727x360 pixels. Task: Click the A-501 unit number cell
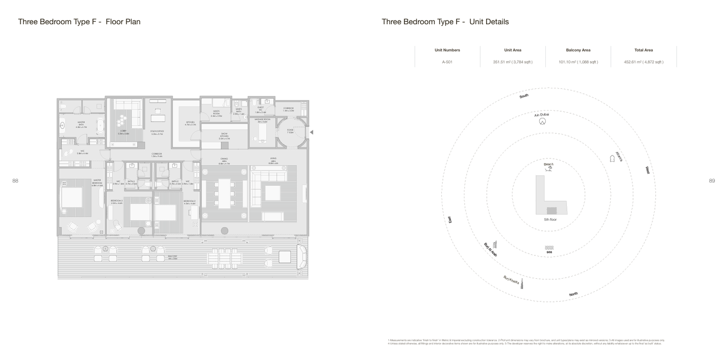[x=447, y=62]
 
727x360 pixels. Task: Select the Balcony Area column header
[x=578, y=50]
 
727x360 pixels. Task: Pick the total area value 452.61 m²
[x=644, y=62]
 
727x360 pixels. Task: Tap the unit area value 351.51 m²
[x=512, y=62]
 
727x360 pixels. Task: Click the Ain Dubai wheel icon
[x=542, y=122]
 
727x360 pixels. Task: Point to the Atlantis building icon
[x=613, y=159]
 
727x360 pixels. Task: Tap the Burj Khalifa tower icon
[x=522, y=284]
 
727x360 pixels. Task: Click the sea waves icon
[x=549, y=247]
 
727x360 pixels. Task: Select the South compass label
[x=524, y=95]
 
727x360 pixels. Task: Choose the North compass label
[x=574, y=294]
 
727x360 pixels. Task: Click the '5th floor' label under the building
[x=550, y=220]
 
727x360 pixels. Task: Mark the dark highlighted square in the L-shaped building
[x=552, y=211]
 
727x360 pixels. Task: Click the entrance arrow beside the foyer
[x=311, y=132]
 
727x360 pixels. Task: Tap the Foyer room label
[x=290, y=131]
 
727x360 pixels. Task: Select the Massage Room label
[x=262, y=120]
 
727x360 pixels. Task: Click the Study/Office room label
[x=157, y=132]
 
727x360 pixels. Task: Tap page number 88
[x=15, y=181]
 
